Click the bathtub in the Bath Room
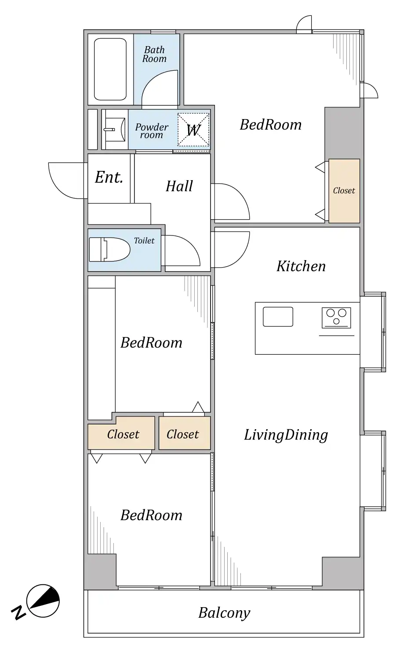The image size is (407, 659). point(110,69)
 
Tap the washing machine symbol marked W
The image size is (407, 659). point(193,130)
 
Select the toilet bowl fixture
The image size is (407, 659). point(109,250)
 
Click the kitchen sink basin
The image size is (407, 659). point(278,317)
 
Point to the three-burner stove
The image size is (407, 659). point(336,318)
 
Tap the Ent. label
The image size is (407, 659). point(109,177)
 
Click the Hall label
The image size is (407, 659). point(179,186)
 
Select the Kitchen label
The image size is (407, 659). point(301,266)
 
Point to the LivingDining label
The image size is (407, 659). point(286,435)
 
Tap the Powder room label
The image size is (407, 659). point(152,131)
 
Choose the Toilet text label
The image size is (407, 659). point(144,241)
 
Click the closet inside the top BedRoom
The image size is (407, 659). point(344,191)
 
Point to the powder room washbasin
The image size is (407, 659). point(115,130)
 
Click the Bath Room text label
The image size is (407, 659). point(154,54)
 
